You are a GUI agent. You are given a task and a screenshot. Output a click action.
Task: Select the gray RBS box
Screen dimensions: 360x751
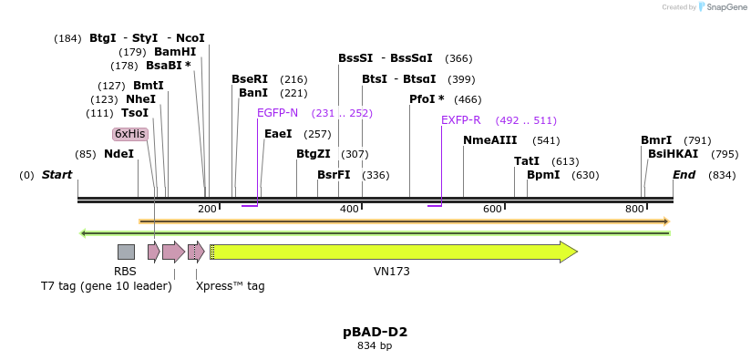pyautogui.click(x=126, y=252)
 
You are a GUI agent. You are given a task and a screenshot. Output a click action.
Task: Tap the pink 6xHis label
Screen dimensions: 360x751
pyautogui.click(x=129, y=134)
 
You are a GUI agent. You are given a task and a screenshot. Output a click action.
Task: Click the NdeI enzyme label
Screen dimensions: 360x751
pyautogui.click(x=118, y=154)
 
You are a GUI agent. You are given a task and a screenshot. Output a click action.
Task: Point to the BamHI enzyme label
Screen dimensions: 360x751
pyautogui.click(x=175, y=52)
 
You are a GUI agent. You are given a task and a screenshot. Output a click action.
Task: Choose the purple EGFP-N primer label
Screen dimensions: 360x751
pyautogui.click(x=277, y=113)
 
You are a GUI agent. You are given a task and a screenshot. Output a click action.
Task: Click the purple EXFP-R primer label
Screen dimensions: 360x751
pyautogui.click(x=460, y=120)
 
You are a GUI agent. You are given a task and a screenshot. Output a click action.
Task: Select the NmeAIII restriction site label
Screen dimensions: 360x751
pyautogui.click(x=489, y=140)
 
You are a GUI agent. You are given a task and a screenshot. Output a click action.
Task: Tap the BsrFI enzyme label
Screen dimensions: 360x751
pyautogui.click(x=334, y=175)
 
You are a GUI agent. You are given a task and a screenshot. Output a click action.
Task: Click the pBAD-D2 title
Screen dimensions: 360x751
pyautogui.click(x=375, y=332)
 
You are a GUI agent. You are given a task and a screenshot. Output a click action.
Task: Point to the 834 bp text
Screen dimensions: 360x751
pyautogui.click(x=375, y=346)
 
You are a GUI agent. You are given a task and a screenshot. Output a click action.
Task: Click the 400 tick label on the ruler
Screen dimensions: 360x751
pyautogui.click(x=350, y=210)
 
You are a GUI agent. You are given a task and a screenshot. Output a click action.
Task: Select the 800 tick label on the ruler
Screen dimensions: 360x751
pyautogui.click(x=635, y=210)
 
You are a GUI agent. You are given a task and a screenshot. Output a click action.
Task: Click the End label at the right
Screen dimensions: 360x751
pyautogui.click(x=684, y=175)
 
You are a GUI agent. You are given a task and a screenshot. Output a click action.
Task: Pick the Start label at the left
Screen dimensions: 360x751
pyautogui.click(x=57, y=175)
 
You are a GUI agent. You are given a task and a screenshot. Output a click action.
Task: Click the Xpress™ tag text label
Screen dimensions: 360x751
pyautogui.click(x=230, y=286)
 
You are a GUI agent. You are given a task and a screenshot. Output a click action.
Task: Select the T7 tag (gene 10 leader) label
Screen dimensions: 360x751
pyautogui.click(x=106, y=286)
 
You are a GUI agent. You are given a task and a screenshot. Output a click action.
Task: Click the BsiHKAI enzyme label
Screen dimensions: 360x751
pyautogui.click(x=673, y=154)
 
